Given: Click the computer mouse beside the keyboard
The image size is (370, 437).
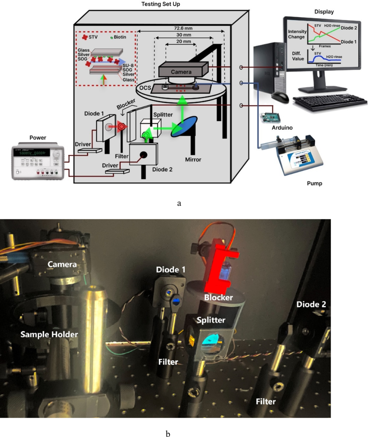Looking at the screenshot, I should (x=280, y=97).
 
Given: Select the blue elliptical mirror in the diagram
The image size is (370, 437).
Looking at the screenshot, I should (x=184, y=126).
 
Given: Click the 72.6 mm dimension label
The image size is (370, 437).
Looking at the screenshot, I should (x=183, y=28).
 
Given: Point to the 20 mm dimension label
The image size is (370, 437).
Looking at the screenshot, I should (x=183, y=41).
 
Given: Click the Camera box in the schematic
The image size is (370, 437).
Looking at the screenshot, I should (x=181, y=71).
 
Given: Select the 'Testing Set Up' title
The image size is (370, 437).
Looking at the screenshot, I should (x=161, y=4).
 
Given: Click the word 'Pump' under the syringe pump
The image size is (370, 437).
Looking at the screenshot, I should (x=314, y=183).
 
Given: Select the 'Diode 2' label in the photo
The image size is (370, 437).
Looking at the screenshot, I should (x=311, y=304).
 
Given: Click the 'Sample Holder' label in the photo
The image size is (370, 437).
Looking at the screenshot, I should (x=49, y=334).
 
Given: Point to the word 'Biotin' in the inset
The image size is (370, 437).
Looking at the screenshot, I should (x=120, y=37).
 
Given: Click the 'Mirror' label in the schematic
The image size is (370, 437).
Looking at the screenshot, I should (x=193, y=160).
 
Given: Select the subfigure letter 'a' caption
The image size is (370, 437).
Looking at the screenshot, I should (x=179, y=203).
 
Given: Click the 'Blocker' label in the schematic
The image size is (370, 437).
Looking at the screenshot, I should (x=126, y=104).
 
